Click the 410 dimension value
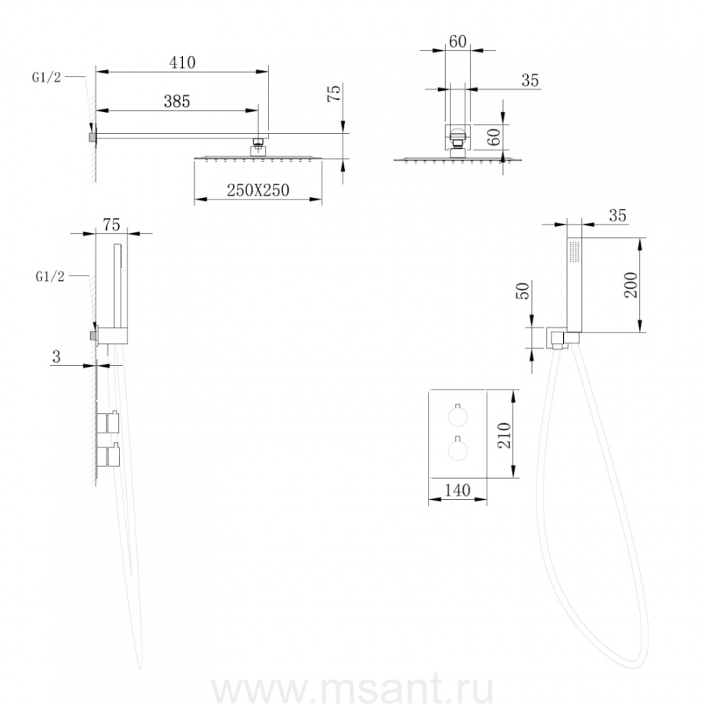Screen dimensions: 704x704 (182, 62)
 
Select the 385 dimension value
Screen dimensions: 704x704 (177, 101)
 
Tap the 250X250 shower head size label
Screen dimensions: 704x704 (257, 190)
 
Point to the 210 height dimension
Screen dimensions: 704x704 (505, 435)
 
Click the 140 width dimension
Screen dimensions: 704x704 (457, 490)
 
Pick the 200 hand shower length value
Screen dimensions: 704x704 (630, 285)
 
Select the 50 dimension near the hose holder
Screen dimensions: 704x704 (524, 290)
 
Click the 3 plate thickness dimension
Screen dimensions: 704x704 (56, 357)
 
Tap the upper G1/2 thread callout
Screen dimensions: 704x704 (46, 77)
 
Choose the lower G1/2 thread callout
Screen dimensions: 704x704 (50, 277)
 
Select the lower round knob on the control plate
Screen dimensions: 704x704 (458, 450)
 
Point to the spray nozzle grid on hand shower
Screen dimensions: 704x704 (574, 251)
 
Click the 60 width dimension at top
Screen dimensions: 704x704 (458, 41)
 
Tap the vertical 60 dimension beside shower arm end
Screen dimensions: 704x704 (494, 136)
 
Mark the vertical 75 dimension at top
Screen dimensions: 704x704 (335, 93)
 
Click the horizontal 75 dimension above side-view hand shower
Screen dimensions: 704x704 (111, 224)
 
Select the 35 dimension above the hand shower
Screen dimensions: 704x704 (617, 216)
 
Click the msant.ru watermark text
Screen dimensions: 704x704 (353, 689)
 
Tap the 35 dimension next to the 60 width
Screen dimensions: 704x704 (530, 80)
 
